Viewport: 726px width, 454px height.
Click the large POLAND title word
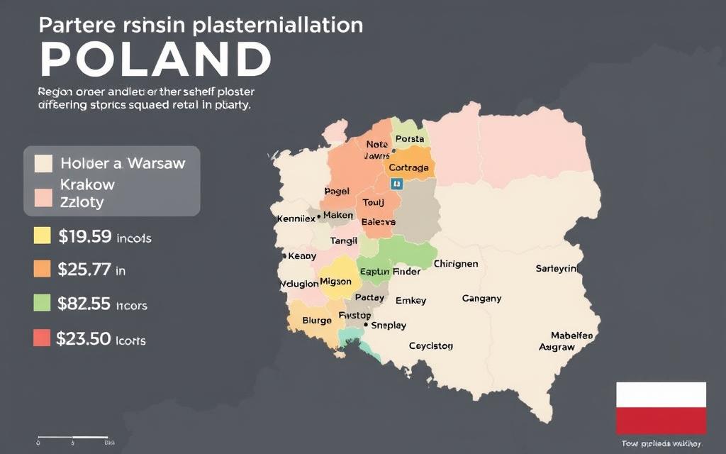point(156,59)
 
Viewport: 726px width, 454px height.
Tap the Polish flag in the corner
point(661,408)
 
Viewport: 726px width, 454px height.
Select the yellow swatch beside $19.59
point(43,236)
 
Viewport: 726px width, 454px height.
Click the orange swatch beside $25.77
point(43,269)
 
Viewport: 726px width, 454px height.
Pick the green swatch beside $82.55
point(43,303)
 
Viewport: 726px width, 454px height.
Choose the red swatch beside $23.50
point(43,338)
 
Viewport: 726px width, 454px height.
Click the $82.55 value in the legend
point(84,304)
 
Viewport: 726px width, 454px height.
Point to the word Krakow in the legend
point(87,184)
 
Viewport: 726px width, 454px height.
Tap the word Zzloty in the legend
point(82,202)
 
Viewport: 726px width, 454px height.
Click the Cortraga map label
point(408,168)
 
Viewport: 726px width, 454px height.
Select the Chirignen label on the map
point(455,264)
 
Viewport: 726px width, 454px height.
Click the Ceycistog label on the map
point(430,346)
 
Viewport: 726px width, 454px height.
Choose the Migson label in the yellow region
point(335,281)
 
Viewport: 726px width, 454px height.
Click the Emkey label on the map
point(411,300)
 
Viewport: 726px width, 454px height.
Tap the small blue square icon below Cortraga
point(396,184)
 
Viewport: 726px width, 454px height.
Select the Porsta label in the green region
point(410,139)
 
